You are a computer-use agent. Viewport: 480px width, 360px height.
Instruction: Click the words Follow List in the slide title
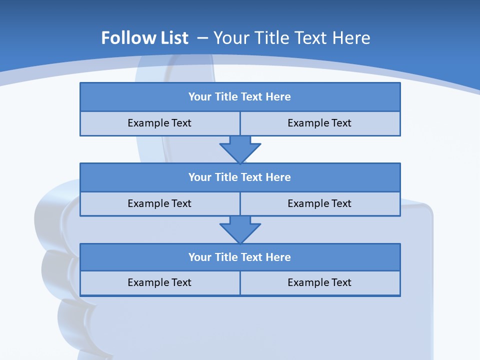(144, 38)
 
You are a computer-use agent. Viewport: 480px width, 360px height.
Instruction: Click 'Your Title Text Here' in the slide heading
(292, 38)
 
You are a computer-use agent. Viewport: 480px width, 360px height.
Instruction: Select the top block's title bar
(240, 97)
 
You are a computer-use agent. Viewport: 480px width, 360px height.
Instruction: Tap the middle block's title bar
(240, 177)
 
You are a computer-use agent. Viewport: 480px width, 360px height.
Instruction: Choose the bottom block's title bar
(240, 257)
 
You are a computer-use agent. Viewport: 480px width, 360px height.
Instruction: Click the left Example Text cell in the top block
(159, 123)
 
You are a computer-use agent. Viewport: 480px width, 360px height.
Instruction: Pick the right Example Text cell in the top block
(319, 123)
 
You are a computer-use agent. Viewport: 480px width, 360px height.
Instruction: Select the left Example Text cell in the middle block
(159, 203)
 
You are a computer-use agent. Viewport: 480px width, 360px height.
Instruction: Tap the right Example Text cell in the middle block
(319, 203)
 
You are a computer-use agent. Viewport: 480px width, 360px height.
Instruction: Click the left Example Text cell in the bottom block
(159, 282)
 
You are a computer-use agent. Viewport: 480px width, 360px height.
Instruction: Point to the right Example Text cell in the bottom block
(319, 282)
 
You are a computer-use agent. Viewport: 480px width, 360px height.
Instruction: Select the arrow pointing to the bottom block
(240, 229)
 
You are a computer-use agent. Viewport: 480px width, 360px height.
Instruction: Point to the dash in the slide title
(202, 38)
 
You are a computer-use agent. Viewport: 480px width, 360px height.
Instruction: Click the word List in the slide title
(174, 38)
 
